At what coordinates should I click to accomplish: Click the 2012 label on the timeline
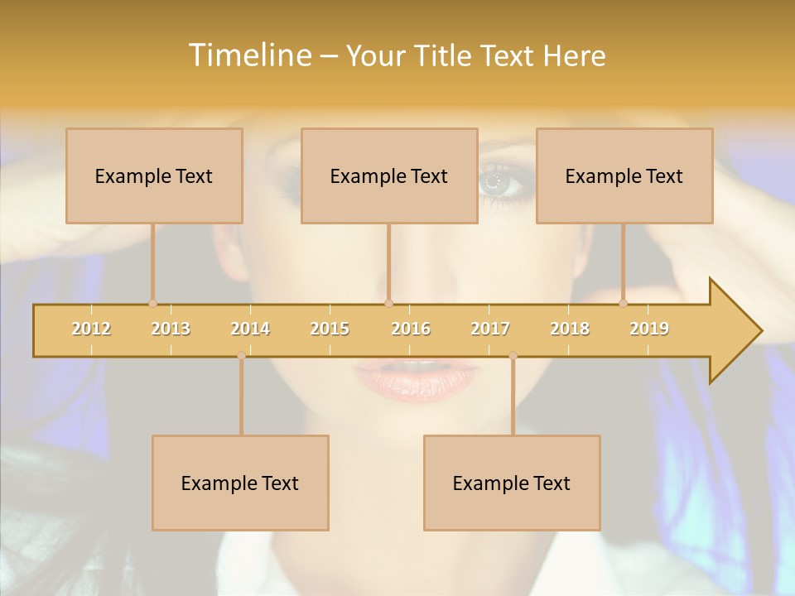(91, 329)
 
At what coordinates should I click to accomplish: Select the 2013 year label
(171, 329)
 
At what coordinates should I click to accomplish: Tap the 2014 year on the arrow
(250, 329)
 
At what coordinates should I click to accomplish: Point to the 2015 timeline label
(330, 329)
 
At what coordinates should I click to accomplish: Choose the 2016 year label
(411, 329)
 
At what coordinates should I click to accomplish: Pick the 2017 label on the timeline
(490, 329)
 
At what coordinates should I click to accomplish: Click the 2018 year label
(570, 329)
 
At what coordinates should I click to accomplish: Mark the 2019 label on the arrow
(649, 329)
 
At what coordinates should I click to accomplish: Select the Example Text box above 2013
(154, 175)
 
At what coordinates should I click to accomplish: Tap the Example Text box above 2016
(389, 175)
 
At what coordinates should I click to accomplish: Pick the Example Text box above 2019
(624, 175)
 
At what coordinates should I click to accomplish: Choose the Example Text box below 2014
(240, 483)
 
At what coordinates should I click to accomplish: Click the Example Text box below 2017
(512, 483)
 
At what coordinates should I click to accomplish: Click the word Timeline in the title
(248, 55)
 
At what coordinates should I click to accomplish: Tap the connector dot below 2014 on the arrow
(241, 356)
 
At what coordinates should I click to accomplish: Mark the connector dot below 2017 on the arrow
(513, 356)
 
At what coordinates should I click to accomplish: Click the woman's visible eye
(499, 180)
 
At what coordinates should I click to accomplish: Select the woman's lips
(417, 378)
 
